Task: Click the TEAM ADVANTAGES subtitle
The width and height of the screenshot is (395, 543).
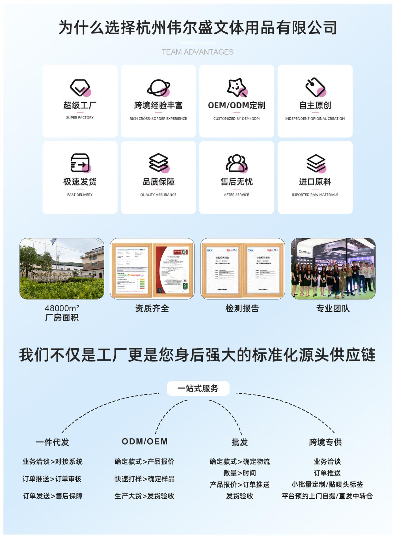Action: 197,52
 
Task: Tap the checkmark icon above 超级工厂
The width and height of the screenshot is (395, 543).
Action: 80,88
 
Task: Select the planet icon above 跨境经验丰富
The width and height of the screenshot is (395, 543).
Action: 158,88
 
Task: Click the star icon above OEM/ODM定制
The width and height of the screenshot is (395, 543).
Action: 237,87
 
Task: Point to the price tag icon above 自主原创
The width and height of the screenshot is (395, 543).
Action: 315,87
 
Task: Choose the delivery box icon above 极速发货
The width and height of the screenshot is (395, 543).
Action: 80,163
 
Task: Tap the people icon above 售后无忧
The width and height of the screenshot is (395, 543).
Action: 237,163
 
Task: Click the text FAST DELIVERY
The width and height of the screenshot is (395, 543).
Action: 80,195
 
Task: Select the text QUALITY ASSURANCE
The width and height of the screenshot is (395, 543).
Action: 158,195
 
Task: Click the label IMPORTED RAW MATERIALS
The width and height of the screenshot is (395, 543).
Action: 315,195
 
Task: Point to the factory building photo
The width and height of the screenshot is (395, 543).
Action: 62,269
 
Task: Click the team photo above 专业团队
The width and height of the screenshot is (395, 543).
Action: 333,269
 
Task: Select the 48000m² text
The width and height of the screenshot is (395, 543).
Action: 62,308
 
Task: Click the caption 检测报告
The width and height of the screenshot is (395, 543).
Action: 242,308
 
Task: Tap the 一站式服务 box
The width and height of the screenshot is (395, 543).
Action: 198,388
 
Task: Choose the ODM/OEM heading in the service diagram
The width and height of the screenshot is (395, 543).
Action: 145,441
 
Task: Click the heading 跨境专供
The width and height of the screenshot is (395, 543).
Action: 325,442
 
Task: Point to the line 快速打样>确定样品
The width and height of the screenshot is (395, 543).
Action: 144,479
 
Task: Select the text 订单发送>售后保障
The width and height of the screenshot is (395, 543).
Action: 53,496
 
